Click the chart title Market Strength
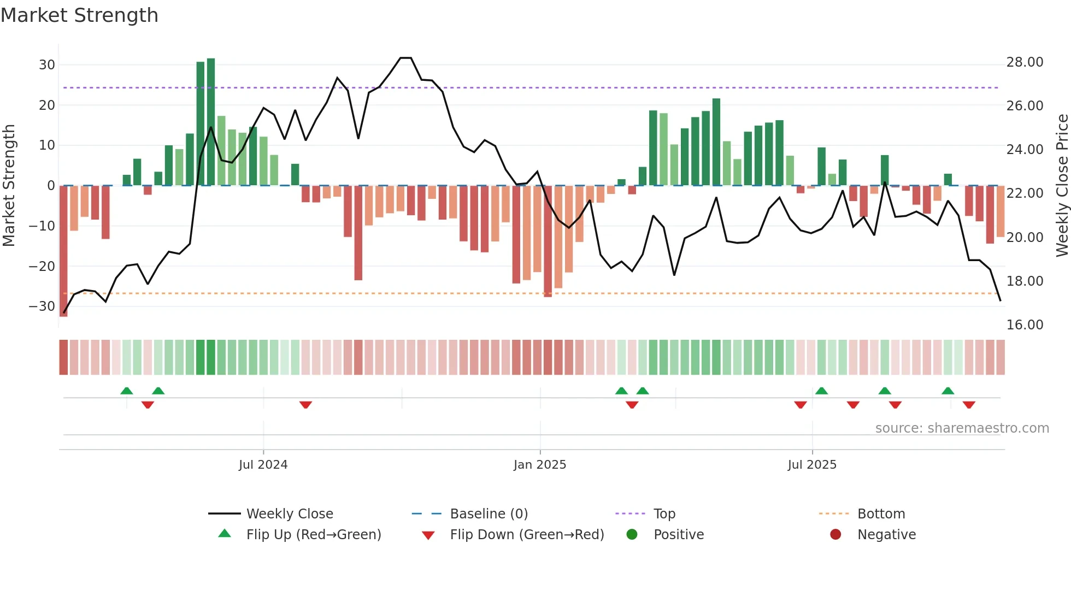(x=79, y=15)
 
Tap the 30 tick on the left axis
(x=47, y=65)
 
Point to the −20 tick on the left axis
(x=42, y=267)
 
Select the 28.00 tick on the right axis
(x=1025, y=62)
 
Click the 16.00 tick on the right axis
(x=1025, y=325)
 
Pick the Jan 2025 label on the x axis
(x=540, y=465)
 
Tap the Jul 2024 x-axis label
(x=263, y=465)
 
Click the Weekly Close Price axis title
(x=1062, y=186)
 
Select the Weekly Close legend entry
(x=289, y=514)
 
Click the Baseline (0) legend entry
(x=489, y=514)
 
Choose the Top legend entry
(x=664, y=514)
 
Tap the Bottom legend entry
(x=881, y=514)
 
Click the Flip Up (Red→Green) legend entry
(x=313, y=535)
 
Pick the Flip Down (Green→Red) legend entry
(x=527, y=535)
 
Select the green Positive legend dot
(x=632, y=535)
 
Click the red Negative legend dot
(x=835, y=535)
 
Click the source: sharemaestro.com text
(x=962, y=428)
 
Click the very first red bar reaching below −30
(x=63, y=251)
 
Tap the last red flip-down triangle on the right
(x=969, y=405)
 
